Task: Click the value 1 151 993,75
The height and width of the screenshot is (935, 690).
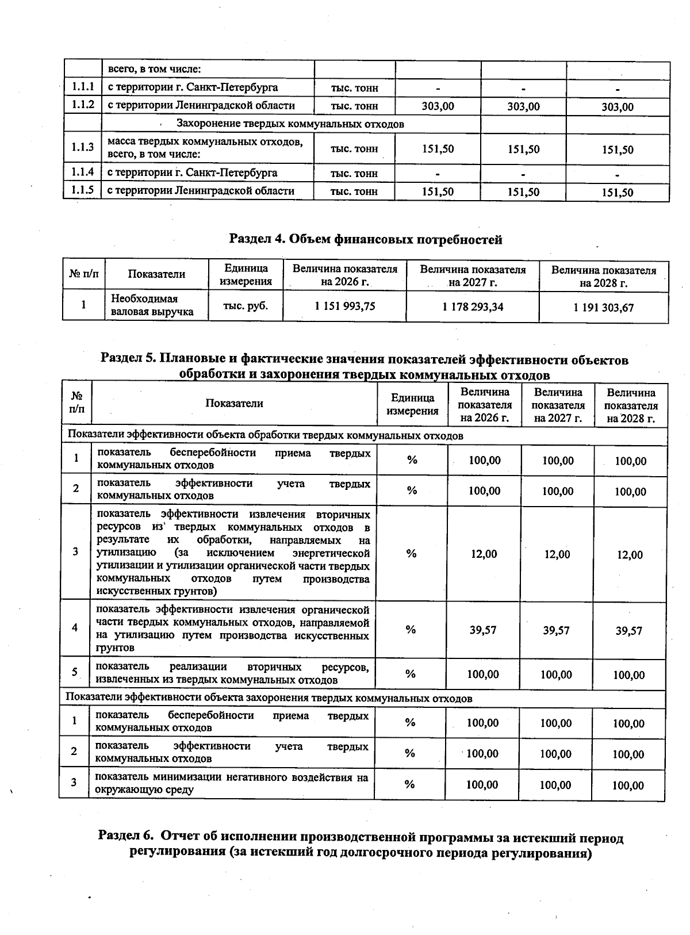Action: [344, 306]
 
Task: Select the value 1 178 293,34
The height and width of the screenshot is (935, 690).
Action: [473, 307]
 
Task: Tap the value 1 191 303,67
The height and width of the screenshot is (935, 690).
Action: [603, 308]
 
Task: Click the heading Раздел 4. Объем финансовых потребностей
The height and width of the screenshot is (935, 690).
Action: [366, 239]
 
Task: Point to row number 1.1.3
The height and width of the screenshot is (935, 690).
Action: [83, 147]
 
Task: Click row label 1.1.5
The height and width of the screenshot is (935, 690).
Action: [83, 190]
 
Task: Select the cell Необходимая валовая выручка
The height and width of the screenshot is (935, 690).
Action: [152, 305]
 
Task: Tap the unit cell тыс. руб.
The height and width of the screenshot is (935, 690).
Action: [246, 306]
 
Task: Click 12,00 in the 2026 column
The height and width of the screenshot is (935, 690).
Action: [484, 553]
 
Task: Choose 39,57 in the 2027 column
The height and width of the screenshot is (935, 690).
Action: [556, 630]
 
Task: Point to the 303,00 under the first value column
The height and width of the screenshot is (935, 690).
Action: [438, 106]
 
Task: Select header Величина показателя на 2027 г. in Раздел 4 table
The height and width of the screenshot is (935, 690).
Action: [473, 276]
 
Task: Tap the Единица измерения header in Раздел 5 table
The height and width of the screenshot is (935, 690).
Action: [412, 404]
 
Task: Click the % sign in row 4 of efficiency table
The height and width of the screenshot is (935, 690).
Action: [411, 630]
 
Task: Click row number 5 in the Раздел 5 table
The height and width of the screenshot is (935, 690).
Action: [75, 672]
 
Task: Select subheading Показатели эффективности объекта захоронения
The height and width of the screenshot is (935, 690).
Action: [269, 698]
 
